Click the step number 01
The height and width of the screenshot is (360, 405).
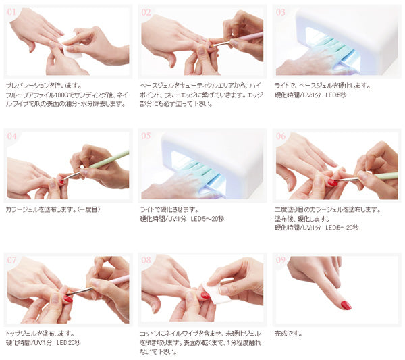11,12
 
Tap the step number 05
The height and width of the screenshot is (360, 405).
146,136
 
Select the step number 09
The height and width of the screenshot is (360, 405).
281,260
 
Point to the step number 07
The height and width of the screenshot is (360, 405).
11,260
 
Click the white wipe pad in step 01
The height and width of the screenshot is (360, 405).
70,49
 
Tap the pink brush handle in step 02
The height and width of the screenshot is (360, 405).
248,36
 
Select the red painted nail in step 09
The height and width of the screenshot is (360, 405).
346,305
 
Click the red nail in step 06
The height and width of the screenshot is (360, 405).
333,183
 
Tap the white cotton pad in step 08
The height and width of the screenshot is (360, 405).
216,293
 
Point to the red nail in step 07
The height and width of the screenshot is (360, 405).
68,299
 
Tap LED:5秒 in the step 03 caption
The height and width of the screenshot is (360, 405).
335,95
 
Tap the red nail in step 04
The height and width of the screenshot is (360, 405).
61,182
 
